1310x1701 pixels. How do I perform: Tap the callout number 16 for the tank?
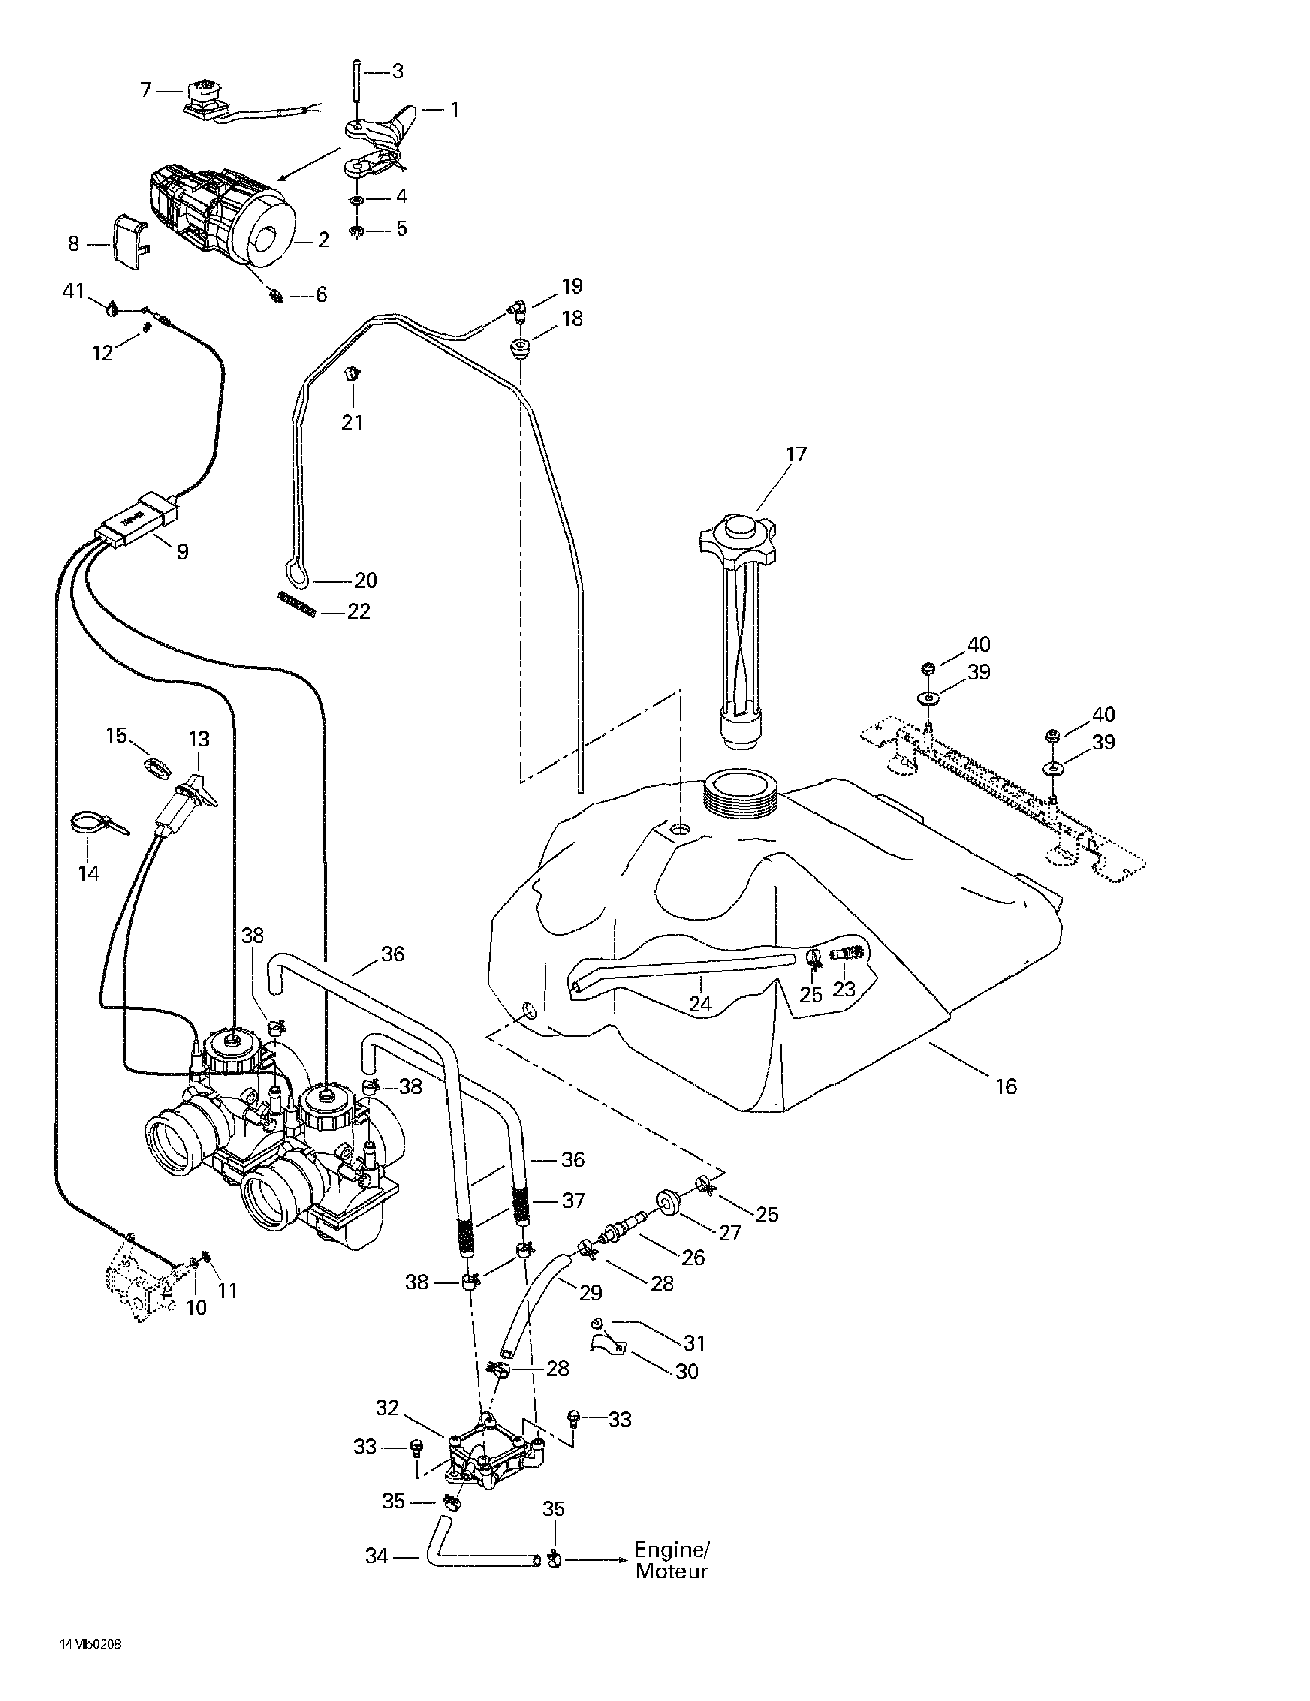pos(1005,1087)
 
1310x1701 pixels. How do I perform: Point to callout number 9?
pos(182,551)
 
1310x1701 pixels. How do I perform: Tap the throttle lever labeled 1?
pos(381,132)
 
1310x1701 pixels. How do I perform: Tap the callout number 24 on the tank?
pos(699,1004)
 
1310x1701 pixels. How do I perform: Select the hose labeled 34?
pos(475,1558)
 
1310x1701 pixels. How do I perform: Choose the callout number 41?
pos(73,292)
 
